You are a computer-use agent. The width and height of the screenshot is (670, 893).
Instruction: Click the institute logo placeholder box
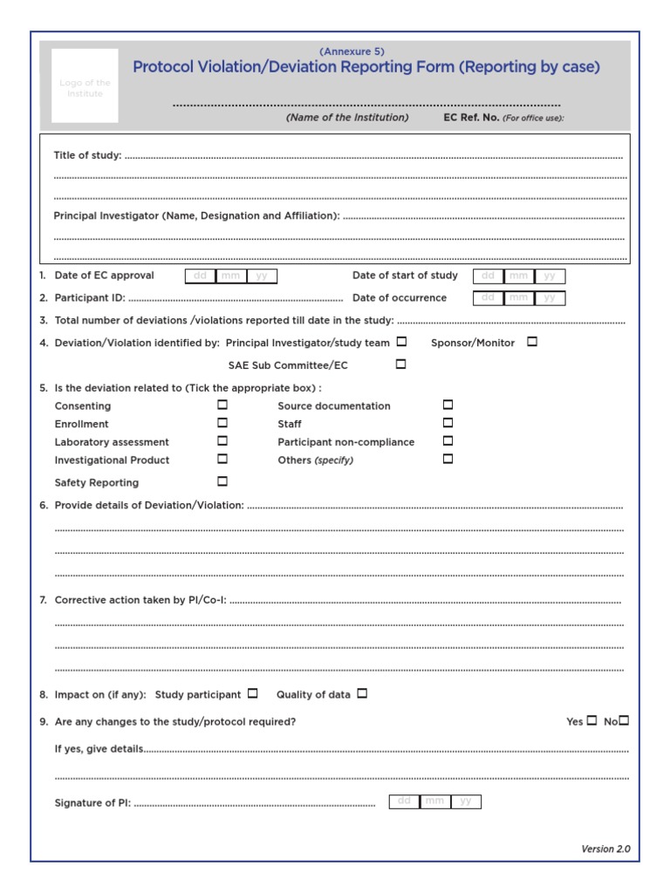click(x=85, y=85)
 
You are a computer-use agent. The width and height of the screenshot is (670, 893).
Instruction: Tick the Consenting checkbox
click(x=222, y=405)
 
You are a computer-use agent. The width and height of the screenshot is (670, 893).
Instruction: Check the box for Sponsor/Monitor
click(x=532, y=342)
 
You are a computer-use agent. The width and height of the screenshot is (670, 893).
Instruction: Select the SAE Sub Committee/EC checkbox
click(x=401, y=365)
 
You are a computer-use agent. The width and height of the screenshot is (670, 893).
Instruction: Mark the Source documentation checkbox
click(x=448, y=405)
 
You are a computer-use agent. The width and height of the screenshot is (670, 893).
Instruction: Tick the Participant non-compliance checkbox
click(x=448, y=440)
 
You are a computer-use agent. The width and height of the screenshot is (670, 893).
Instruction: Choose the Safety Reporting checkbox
click(x=222, y=481)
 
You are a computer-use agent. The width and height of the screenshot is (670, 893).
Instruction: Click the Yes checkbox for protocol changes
click(x=592, y=720)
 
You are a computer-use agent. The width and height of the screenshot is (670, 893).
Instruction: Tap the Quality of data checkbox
click(x=362, y=693)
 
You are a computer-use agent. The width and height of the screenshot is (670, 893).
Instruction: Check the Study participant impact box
click(x=253, y=693)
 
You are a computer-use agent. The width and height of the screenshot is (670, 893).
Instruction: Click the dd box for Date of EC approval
click(x=200, y=276)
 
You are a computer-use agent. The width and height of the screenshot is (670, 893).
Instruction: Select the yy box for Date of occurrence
click(x=550, y=298)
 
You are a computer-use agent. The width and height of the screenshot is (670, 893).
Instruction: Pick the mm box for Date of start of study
click(x=519, y=276)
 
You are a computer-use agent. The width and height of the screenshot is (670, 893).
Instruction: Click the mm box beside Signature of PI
click(x=434, y=801)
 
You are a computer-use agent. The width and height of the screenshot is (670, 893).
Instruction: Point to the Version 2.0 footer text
click(x=605, y=849)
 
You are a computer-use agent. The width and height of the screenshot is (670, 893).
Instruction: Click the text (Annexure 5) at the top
click(x=352, y=51)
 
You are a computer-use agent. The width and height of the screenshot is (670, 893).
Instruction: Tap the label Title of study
click(x=87, y=155)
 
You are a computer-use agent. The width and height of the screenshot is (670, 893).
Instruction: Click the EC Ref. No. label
click(x=471, y=118)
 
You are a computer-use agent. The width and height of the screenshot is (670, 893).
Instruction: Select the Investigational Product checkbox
click(x=222, y=458)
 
